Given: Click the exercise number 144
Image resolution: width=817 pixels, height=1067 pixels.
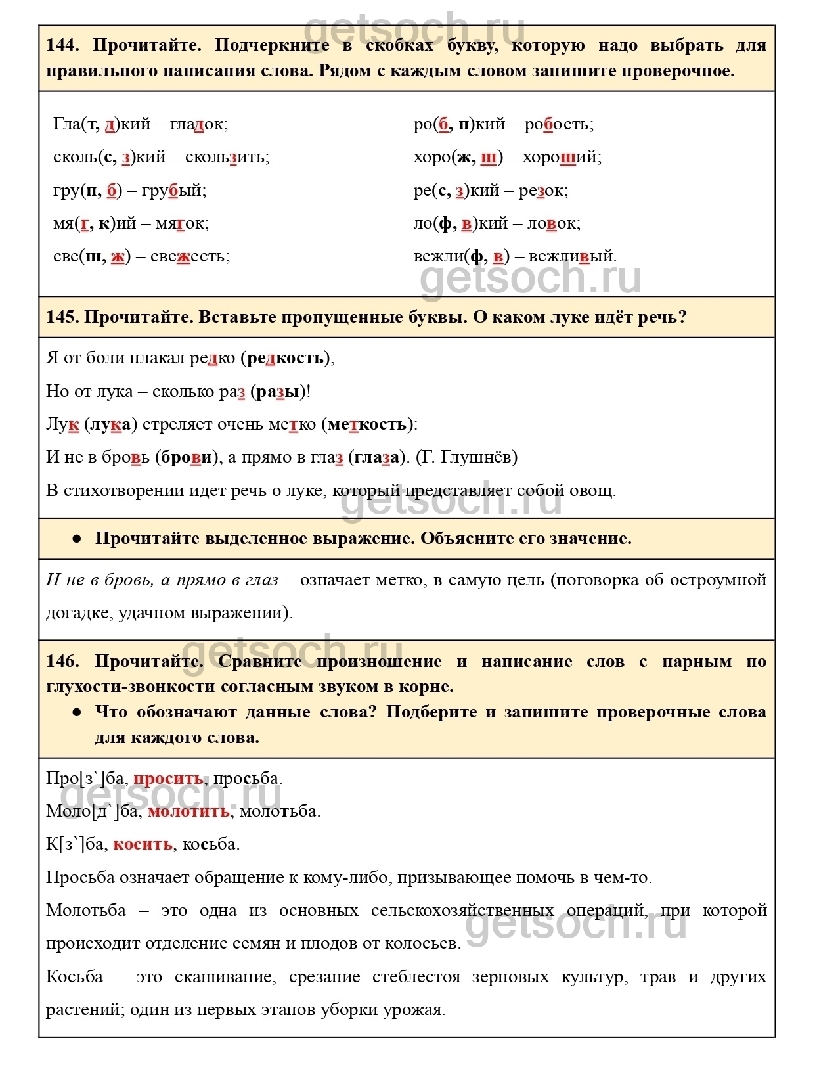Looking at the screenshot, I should coord(62,45).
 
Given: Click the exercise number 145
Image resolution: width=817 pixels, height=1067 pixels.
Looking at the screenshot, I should coord(62,317).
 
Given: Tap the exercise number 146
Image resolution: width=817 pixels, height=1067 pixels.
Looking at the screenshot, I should coord(62,661).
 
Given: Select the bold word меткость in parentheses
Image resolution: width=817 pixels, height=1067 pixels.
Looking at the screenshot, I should coord(367,424).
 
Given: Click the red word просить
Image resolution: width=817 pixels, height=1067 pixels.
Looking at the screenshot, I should coord(168,779).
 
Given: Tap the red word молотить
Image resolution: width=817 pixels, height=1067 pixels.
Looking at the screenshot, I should coord(188,811).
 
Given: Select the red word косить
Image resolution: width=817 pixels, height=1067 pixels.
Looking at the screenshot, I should coord(143,844).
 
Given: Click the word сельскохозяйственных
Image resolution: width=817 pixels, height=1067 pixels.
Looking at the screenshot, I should coord(462,911).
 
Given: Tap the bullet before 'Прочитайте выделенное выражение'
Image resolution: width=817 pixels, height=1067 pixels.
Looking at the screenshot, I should coord(77,539).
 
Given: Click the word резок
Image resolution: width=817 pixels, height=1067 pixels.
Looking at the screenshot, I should coord(541,191).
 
